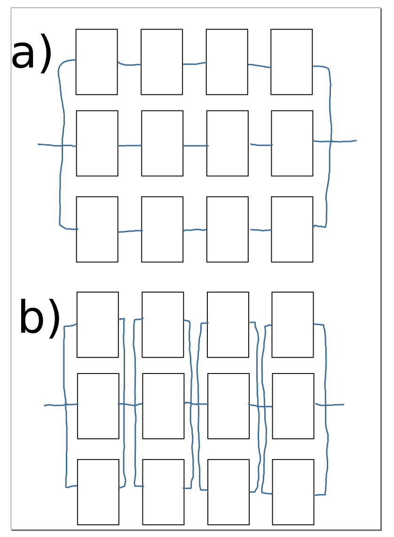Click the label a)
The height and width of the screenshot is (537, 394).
tap(31, 55)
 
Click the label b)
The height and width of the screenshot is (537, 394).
tap(39, 318)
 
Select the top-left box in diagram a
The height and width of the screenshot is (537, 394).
tap(96, 62)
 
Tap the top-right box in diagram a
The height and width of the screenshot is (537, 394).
tap(292, 62)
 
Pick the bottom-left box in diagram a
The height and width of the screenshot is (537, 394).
tap(97, 229)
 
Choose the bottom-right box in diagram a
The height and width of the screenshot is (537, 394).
tap(292, 229)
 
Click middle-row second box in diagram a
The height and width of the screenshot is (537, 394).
tap(162, 143)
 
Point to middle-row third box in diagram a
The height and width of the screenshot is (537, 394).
tap(228, 143)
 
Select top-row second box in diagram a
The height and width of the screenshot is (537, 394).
tap(162, 62)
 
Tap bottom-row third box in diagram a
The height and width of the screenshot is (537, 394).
tap(228, 229)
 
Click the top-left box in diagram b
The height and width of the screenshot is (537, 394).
tap(97, 325)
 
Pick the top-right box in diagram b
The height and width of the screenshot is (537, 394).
tap(292, 325)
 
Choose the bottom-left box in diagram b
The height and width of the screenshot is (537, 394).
tap(98, 492)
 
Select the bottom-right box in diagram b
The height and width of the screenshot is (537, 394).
tap(293, 492)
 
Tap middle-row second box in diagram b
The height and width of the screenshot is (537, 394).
tap(163, 406)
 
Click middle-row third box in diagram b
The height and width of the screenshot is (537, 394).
tap(229, 406)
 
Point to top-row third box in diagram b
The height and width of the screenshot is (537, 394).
tap(228, 325)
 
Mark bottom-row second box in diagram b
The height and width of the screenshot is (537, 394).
tap(163, 492)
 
